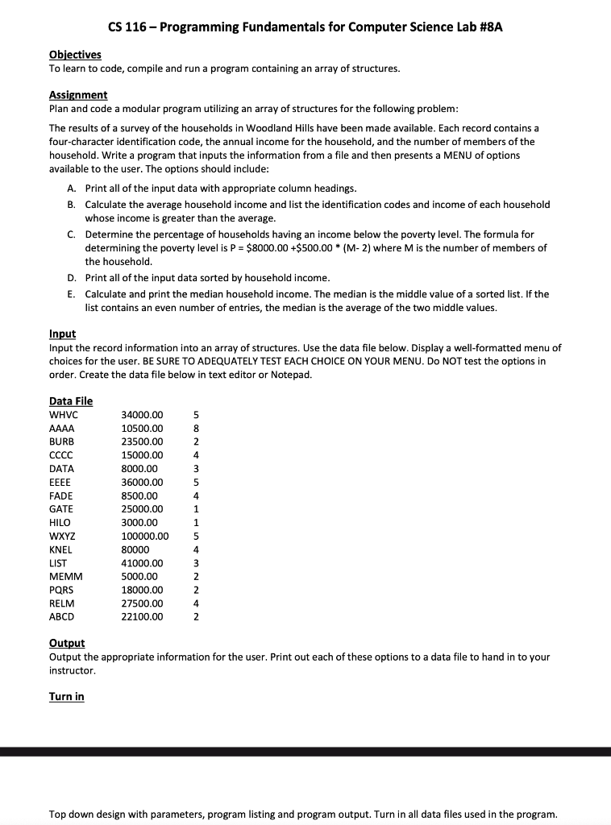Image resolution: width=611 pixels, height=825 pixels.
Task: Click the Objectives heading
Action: [x=75, y=55]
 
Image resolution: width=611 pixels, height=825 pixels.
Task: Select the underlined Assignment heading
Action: [x=78, y=95]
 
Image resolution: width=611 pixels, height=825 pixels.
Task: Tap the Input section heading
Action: [x=62, y=334]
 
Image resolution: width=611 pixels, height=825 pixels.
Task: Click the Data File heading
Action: [x=71, y=401]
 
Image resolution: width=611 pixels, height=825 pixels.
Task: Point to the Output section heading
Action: [x=67, y=643]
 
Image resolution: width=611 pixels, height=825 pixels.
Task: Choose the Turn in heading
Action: [x=66, y=697]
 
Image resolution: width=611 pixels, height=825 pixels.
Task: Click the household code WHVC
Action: [x=64, y=415]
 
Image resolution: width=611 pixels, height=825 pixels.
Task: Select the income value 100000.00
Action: [x=145, y=536]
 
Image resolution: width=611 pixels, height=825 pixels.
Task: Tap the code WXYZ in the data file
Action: [x=63, y=536]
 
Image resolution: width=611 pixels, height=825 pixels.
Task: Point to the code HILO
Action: [x=60, y=523]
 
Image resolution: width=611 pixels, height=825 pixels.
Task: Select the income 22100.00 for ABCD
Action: [x=142, y=617]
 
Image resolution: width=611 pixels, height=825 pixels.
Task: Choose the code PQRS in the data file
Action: [x=62, y=590]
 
